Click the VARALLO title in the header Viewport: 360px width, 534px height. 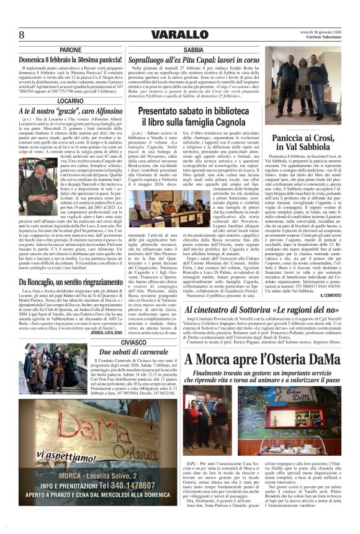point(179,34)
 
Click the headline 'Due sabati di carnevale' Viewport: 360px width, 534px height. point(133,351)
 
